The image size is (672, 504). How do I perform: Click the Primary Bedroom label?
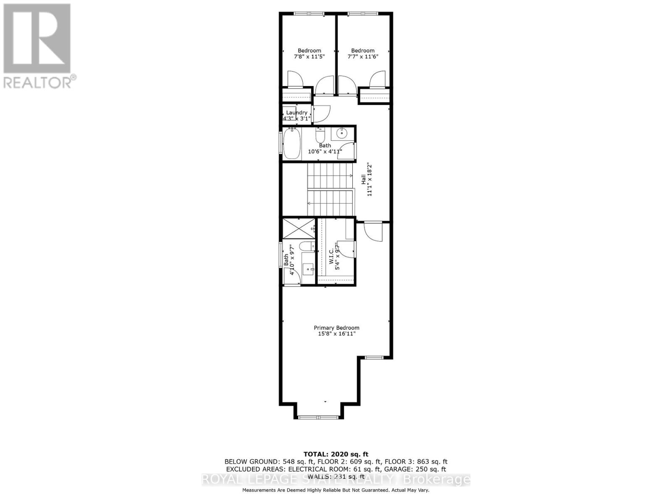(336, 328)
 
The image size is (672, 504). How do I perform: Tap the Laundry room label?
(297, 113)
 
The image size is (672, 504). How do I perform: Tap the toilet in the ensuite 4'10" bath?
(306, 246)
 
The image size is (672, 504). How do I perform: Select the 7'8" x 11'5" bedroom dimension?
(309, 56)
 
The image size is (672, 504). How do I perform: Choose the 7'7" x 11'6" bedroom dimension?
(362, 56)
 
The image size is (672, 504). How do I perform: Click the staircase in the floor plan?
(331, 189)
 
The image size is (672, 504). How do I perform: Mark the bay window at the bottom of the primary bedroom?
(318, 417)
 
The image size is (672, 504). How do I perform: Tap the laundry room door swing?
(321, 113)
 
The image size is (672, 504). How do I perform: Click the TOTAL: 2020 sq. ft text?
(336, 454)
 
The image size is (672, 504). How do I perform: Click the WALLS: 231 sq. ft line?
(336, 477)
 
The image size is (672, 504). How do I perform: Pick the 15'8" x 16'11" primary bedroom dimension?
(336, 334)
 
